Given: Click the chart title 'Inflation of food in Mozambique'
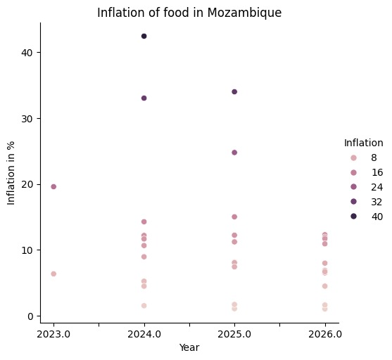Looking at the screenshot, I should (189, 13).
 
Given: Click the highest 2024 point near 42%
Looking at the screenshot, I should (144, 36).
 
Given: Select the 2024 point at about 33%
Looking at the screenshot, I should (144, 98).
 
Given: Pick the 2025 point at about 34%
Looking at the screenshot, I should (234, 91).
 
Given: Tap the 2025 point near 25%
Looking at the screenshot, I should (234, 152).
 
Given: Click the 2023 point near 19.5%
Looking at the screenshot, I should (53, 186).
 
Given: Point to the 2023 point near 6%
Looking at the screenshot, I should (53, 274).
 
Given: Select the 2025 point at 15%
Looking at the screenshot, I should (234, 217).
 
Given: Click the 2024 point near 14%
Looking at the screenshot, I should (144, 221).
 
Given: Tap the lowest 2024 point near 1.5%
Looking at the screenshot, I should (144, 305).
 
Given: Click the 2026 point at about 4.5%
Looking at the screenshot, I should (324, 285).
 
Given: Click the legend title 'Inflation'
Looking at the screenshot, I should (363, 143).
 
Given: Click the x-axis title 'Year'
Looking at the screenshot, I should (189, 347).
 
